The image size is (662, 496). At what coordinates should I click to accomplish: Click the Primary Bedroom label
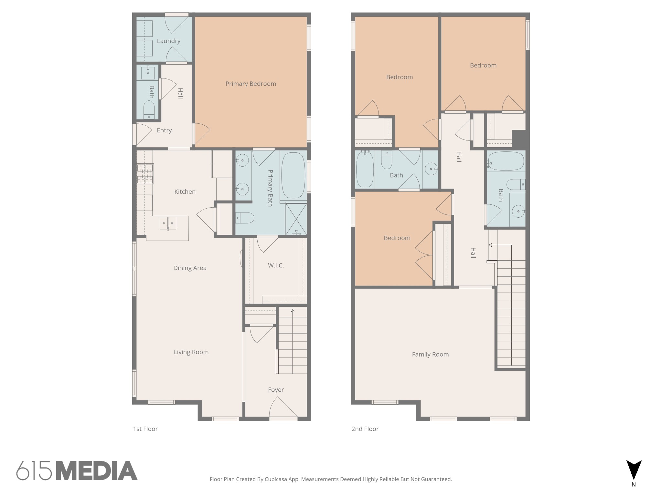(251, 84)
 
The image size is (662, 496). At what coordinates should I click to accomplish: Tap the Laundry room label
(168, 41)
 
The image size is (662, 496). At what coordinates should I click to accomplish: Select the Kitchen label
(185, 191)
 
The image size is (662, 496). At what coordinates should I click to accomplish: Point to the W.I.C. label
(276, 265)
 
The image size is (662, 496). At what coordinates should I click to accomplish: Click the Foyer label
(276, 390)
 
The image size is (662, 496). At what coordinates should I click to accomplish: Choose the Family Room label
(430, 355)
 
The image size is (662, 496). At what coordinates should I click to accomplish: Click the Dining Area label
(190, 268)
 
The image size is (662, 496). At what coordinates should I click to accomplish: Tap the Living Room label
(191, 352)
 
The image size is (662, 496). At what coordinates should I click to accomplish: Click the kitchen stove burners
(145, 174)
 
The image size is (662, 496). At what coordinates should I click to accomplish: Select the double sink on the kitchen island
(168, 223)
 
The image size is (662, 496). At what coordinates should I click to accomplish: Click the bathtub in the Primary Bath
(293, 175)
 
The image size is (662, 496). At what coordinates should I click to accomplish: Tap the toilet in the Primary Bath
(245, 218)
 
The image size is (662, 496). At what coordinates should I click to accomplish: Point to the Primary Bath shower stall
(296, 219)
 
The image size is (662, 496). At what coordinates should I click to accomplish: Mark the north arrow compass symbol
(634, 470)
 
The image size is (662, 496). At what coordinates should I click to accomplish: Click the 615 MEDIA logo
(77, 470)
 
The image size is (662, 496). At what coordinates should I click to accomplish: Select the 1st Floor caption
(145, 429)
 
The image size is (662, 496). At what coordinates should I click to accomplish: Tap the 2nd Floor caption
(365, 429)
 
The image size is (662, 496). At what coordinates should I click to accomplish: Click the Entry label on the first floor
(164, 130)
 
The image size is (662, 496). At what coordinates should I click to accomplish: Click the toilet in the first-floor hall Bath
(149, 110)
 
